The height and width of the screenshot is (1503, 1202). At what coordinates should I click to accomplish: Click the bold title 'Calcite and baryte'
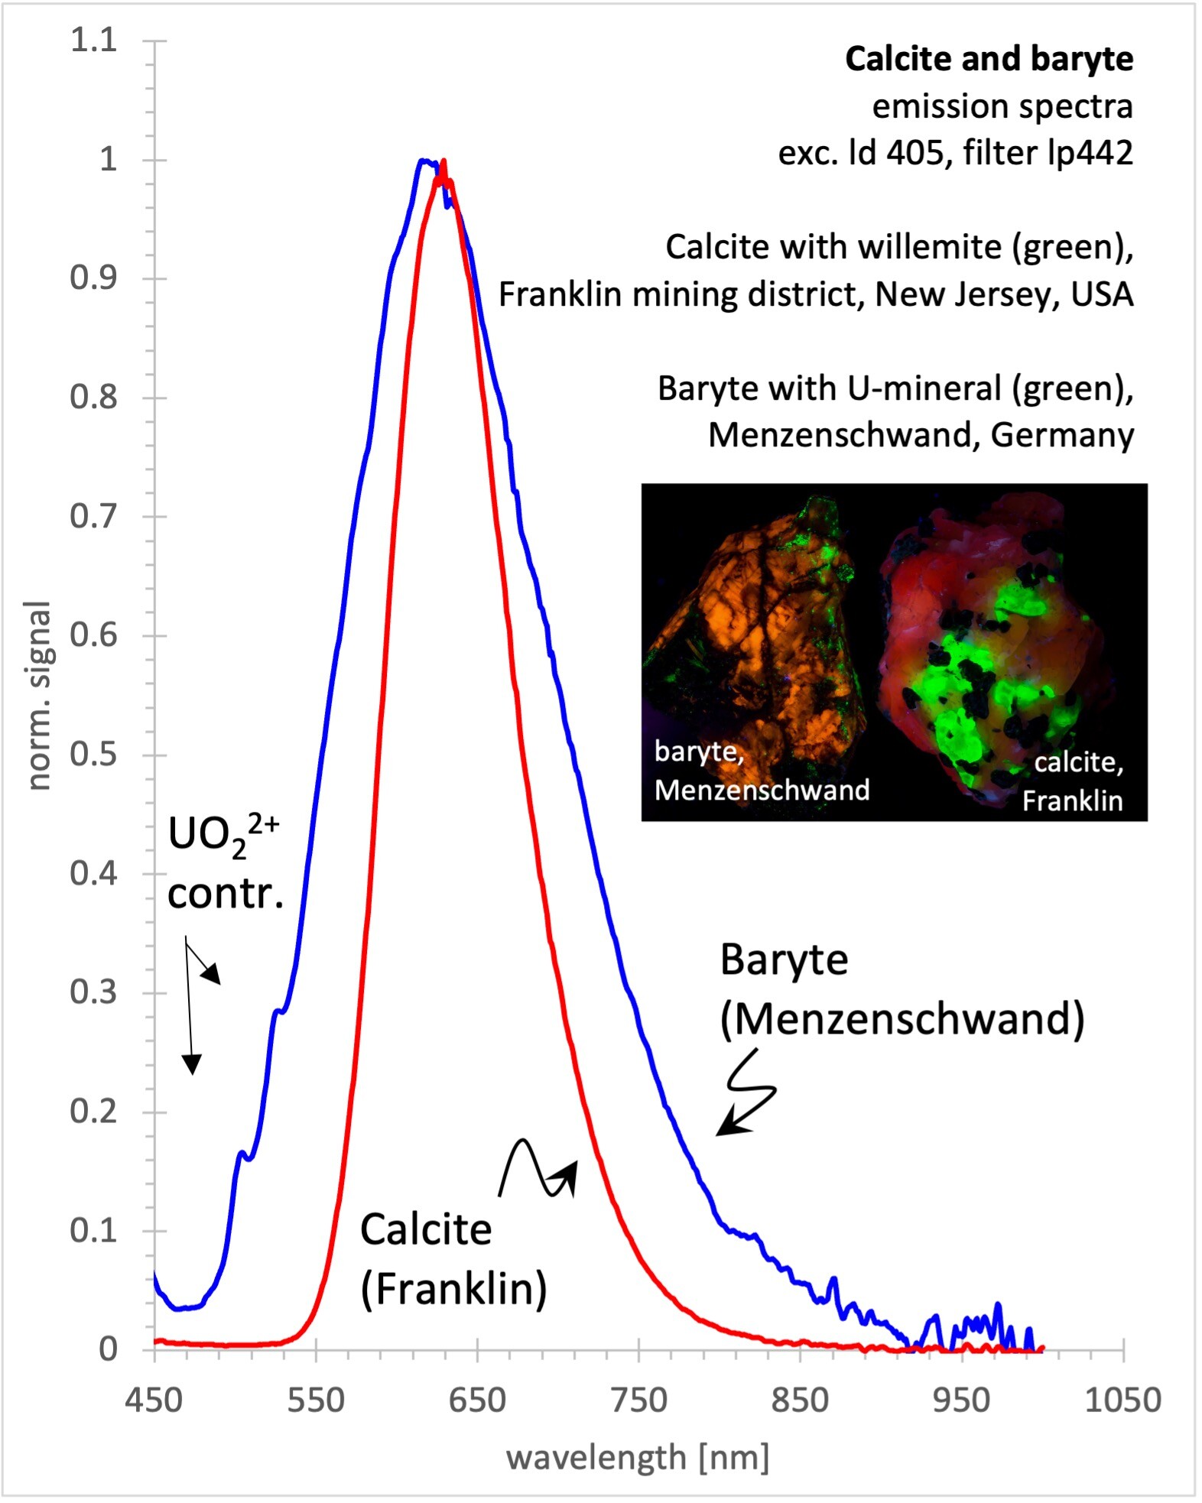click(989, 60)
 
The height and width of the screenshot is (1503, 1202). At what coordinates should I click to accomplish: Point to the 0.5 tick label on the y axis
click(93, 754)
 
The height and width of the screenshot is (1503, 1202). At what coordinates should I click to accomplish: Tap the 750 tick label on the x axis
click(638, 1401)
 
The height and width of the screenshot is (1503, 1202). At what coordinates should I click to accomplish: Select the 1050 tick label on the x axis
click(1123, 1401)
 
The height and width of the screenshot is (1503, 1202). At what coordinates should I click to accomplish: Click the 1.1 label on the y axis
click(93, 40)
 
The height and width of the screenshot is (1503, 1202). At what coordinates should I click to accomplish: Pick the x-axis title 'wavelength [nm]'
click(638, 1458)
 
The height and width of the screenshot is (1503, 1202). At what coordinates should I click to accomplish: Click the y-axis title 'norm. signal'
click(38, 696)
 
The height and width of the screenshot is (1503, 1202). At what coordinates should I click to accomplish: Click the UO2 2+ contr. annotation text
click(225, 863)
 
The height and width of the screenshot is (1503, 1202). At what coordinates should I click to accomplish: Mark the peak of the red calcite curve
click(443, 162)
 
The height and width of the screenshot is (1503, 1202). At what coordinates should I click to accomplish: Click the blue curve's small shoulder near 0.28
click(278, 1011)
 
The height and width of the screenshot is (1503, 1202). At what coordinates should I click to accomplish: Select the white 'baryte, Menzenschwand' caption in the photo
click(762, 771)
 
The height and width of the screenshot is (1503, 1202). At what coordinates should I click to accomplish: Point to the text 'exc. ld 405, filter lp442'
click(955, 153)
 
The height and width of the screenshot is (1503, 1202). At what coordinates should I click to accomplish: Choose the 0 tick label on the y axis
click(108, 1349)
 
